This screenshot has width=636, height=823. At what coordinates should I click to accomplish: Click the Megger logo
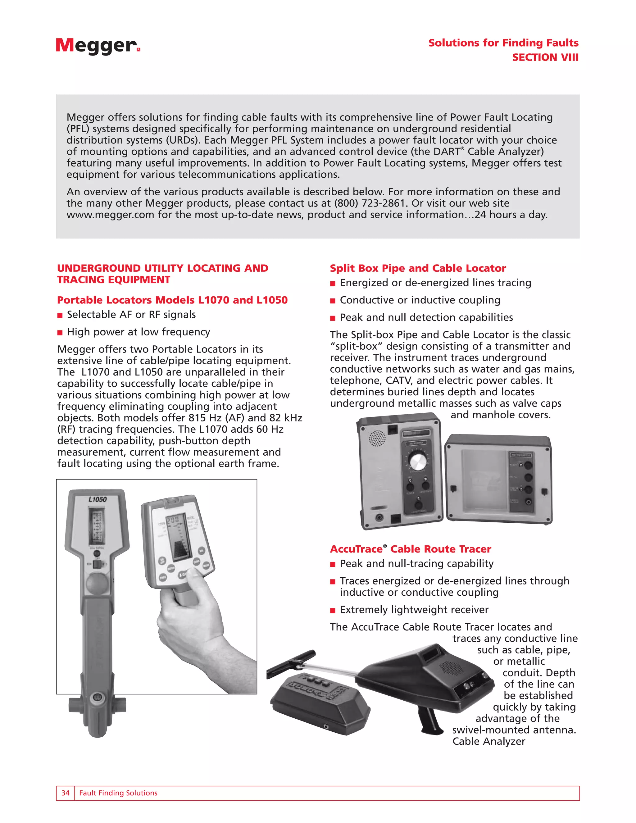pos(97,46)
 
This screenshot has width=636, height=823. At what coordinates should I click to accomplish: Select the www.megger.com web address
pos(110,215)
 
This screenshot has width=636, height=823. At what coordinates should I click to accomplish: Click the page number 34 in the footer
pos(66,793)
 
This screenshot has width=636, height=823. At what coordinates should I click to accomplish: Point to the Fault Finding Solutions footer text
pos(118,793)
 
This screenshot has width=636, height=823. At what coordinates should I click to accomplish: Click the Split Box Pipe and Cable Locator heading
pos(417,268)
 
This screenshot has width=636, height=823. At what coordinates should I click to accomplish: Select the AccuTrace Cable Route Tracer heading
pos(410,549)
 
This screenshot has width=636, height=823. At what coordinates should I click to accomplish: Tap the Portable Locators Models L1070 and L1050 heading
pos(172,300)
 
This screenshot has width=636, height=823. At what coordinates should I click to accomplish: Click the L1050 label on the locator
pos(98,499)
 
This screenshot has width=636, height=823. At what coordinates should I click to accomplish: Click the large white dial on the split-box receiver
pos(416,461)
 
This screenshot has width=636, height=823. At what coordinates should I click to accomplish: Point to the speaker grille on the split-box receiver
pos(376,438)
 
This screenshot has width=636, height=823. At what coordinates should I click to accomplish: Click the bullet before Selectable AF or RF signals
pos(60,316)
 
